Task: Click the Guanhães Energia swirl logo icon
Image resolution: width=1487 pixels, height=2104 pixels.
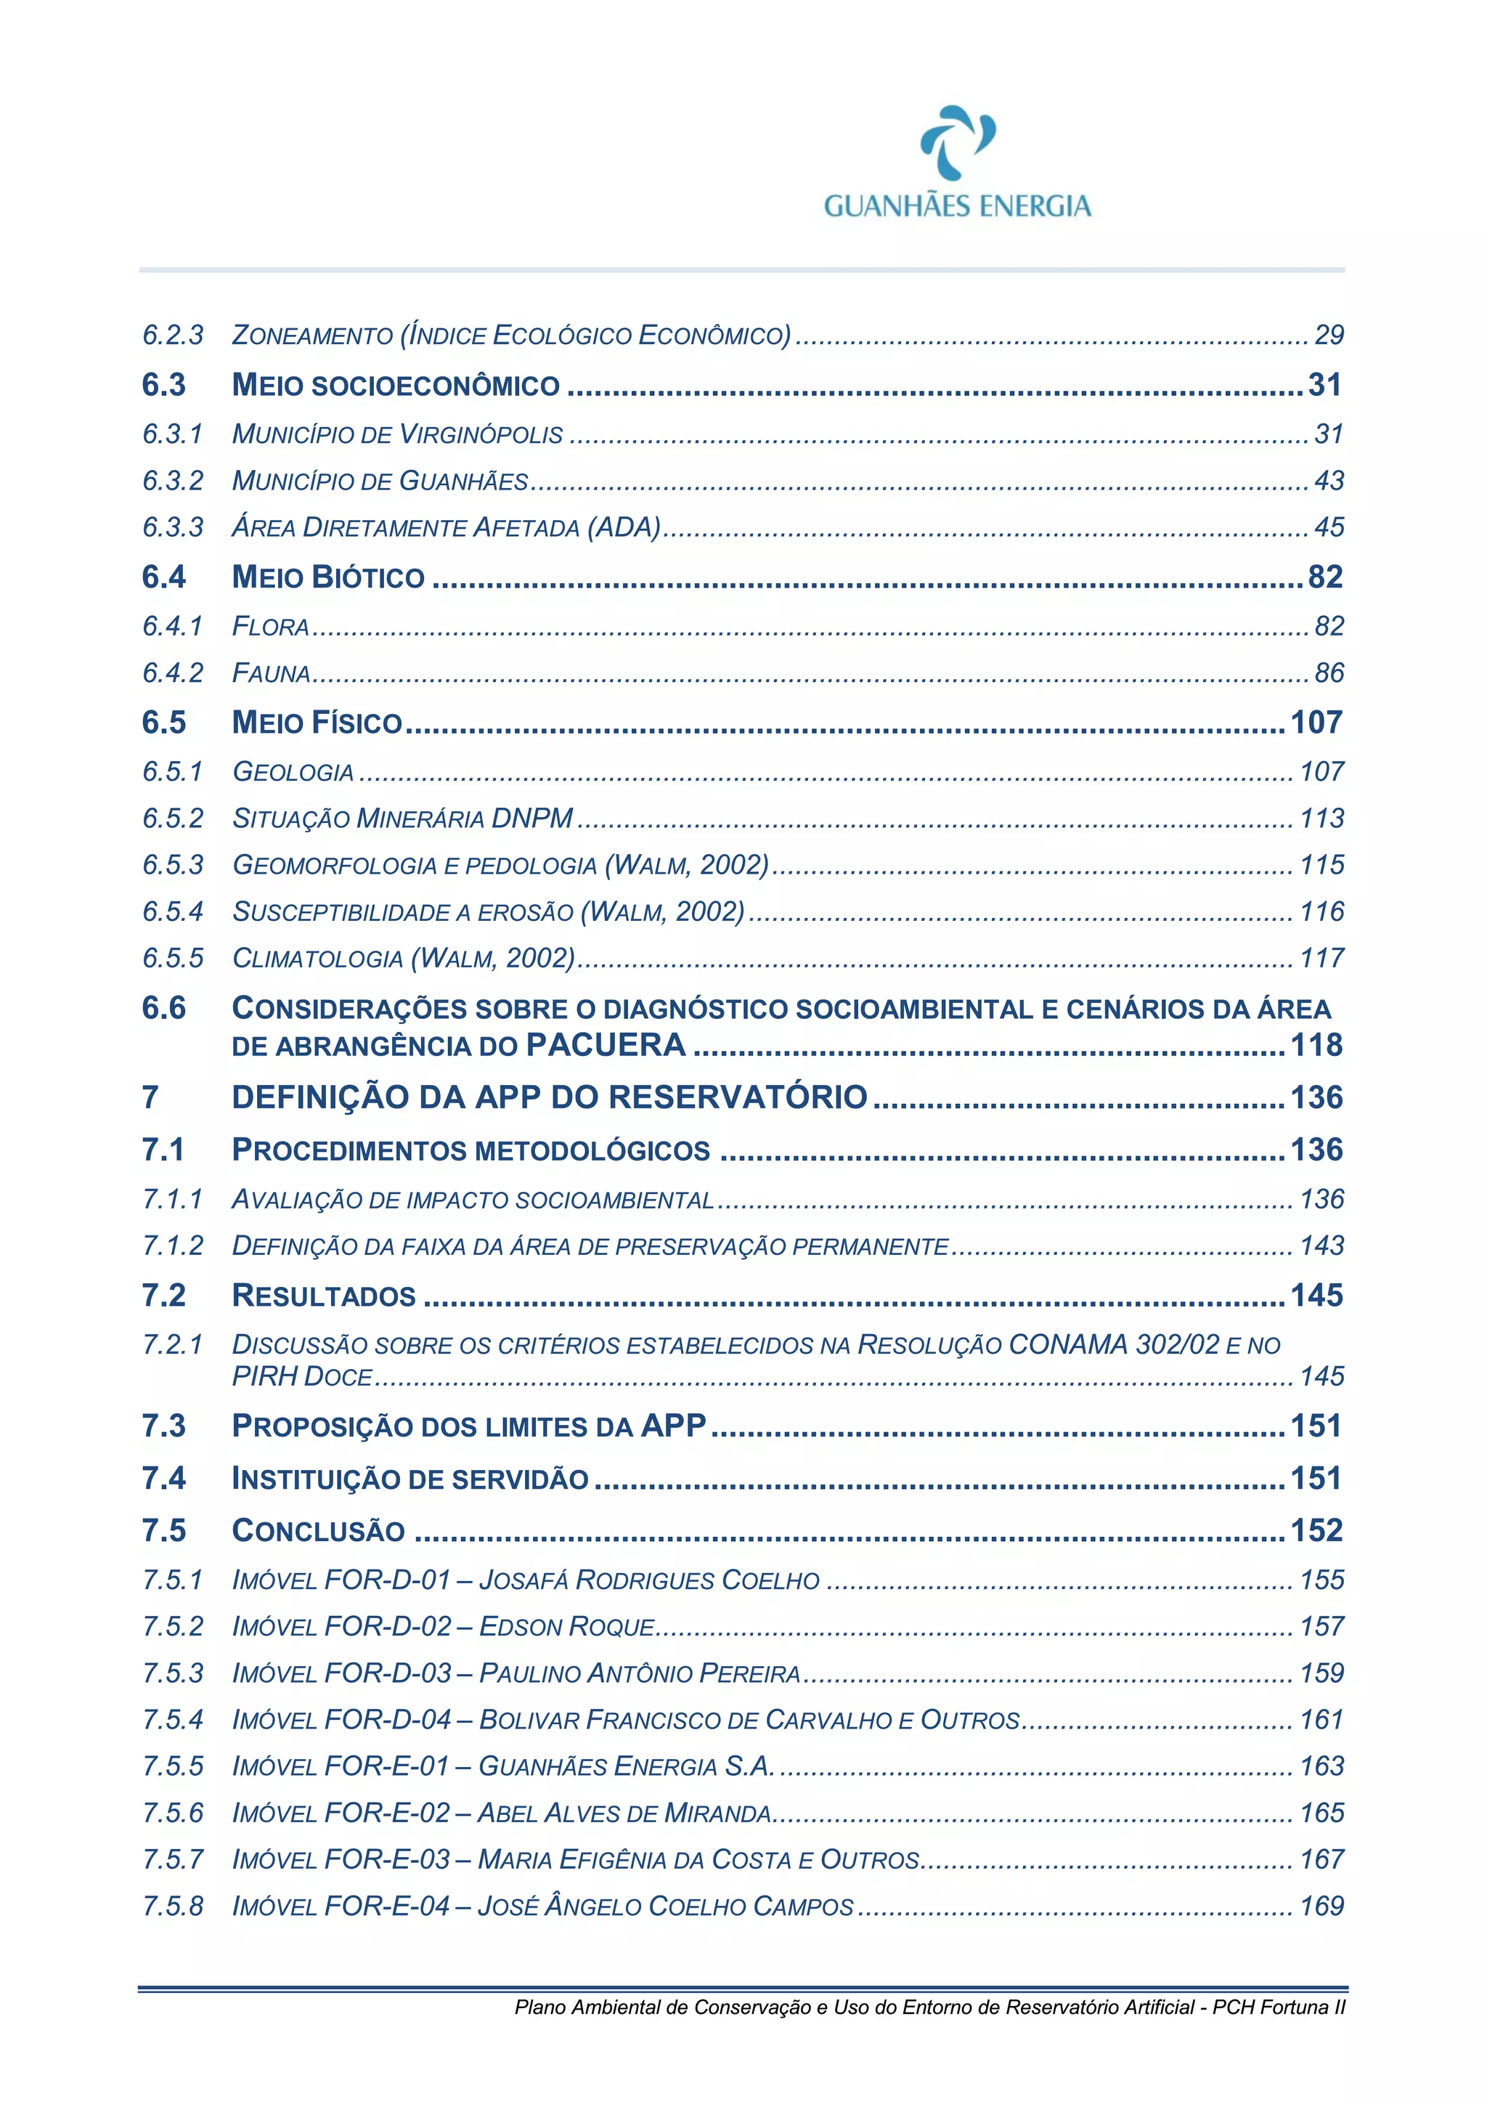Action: coord(958,142)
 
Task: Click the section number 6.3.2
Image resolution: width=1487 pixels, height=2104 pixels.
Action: coord(172,480)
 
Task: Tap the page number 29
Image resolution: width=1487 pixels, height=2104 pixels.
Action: coord(1329,336)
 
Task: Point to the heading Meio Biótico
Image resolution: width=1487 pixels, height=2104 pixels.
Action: coord(328,577)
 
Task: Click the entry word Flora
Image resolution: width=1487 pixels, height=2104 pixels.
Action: coord(270,627)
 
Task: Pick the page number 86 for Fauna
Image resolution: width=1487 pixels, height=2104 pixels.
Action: coord(1329,673)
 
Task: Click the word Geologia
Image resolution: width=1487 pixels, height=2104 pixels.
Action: coord(293,773)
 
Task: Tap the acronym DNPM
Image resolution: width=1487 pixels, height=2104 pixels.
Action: coord(532,819)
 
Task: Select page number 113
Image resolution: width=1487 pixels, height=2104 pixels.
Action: coord(1321,819)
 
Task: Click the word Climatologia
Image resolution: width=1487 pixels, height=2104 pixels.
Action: coord(317,959)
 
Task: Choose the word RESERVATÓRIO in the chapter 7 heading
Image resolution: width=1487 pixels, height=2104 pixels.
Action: coord(738,1098)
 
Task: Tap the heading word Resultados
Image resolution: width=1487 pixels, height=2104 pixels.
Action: coord(323,1296)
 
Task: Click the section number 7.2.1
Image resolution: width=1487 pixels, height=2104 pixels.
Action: coord(172,1344)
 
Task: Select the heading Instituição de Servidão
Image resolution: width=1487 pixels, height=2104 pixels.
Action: coord(410,1479)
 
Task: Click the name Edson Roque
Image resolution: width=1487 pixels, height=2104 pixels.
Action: coord(567,1628)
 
